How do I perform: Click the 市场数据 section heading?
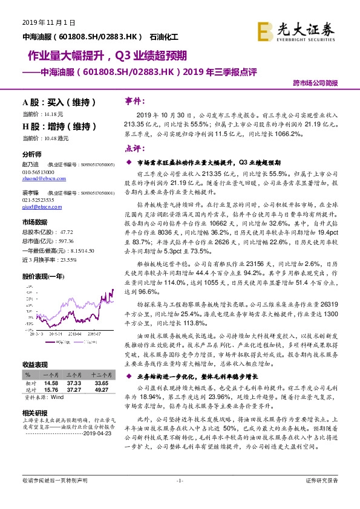point(35,221)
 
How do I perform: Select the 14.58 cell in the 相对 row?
point(51,383)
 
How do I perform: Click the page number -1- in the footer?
point(179,497)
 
